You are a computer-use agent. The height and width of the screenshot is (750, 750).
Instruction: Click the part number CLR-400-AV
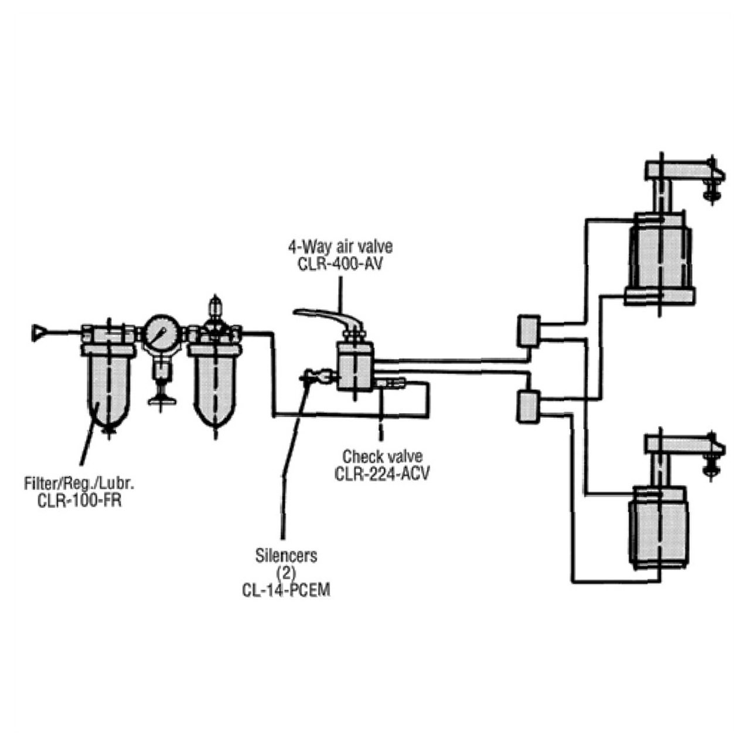tap(340, 264)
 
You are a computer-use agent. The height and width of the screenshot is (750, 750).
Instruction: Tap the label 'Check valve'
tap(382, 456)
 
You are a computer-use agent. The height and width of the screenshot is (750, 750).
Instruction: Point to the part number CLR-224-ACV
tap(382, 473)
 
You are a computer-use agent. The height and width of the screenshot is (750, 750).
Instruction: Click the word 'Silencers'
tap(287, 555)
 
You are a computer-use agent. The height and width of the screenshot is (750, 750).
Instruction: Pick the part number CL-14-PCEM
tap(287, 589)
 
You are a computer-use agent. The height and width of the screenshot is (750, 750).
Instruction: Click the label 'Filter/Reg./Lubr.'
tap(80, 485)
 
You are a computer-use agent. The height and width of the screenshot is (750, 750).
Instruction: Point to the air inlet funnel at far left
tap(39, 333)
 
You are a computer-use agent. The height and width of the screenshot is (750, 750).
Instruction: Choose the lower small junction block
tap(528, 407)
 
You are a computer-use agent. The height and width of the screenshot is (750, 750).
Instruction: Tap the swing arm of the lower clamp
tap(680, 444)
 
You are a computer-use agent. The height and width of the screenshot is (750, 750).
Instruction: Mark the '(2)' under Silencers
tap(286, 572)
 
